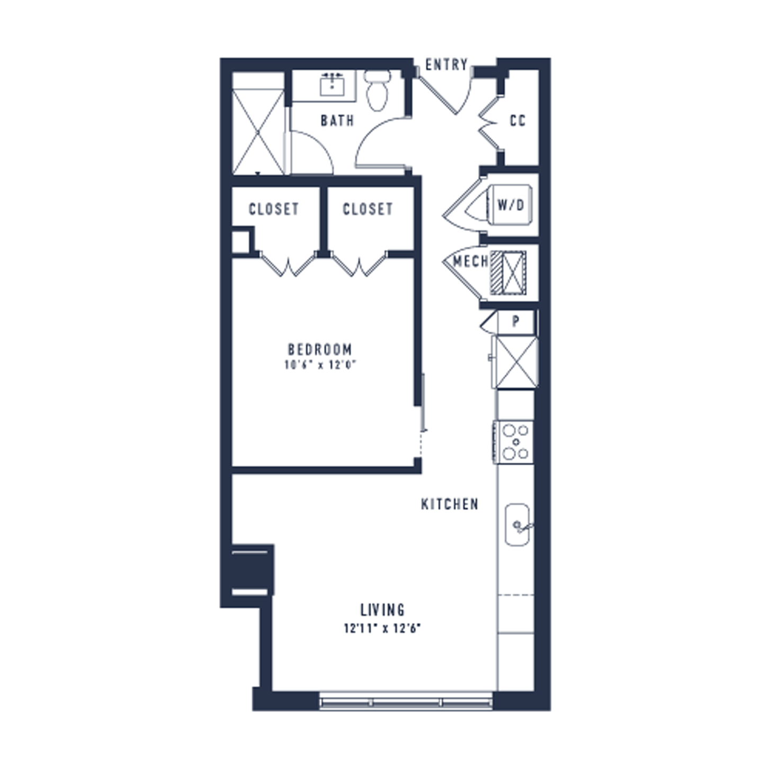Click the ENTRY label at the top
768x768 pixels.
[x=446, y=65]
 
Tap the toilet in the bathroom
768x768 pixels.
[x=377, y=91]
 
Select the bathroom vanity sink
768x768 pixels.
[x=332, y=85]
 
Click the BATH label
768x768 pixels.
[x=337, y=120]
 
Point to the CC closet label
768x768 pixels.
[x=517, y=120]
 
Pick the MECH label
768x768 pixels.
[x=471, y=262]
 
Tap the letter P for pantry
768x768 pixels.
[x=516, y=322]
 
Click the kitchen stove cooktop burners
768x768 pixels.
[x=514, y=442]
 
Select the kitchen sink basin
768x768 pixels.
[x=517, y=524]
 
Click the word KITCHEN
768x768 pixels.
[x=450, y=504]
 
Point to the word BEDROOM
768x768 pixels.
[x=320, y=350]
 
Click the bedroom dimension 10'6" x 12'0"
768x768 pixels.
[x=320, y=364]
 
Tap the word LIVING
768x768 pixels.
[x=382, y=610]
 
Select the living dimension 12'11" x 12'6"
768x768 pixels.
[x=382, y=629]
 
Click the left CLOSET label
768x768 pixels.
[x=273, y=209]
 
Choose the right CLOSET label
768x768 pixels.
[x=368, y=209]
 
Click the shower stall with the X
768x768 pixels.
[x=258, y=132]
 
